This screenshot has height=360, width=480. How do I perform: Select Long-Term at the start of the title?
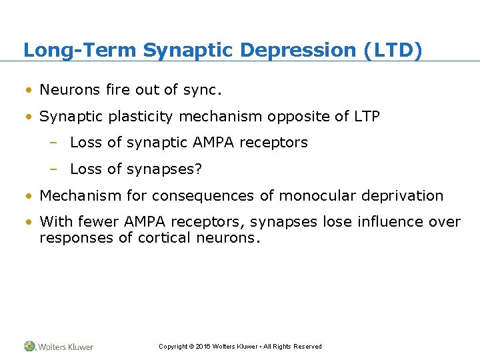click(80, 50)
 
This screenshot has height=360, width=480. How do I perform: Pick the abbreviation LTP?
click(367, 116)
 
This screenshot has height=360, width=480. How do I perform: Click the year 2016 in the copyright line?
click(203, 347)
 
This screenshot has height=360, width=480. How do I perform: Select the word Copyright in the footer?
click(173, 347)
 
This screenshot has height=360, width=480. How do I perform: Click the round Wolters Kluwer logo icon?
click(30, 346)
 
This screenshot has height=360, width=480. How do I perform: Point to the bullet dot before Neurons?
click(29, 90)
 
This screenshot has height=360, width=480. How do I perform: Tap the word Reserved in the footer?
click(309, 347)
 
